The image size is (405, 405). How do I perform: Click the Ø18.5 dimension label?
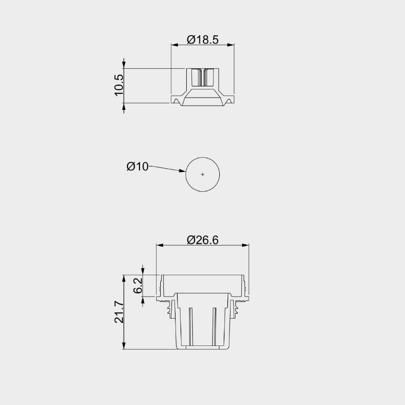(x=202, y=40)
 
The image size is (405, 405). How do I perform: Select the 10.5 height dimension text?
(x=119, y=85)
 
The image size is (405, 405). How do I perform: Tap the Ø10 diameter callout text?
(x=137, y=166)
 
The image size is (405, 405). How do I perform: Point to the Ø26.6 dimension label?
(x=202, y=240)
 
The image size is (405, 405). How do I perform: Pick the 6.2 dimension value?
(x=138, y=285)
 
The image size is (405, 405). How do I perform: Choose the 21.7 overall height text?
(x=119, y=312)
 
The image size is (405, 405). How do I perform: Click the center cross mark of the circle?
(x=202, y=175)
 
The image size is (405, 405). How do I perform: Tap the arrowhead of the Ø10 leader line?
(x=182, y=170)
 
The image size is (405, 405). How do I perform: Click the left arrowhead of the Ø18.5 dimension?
(x=175, y=45)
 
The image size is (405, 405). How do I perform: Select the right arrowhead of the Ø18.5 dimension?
(x=230, y=45)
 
